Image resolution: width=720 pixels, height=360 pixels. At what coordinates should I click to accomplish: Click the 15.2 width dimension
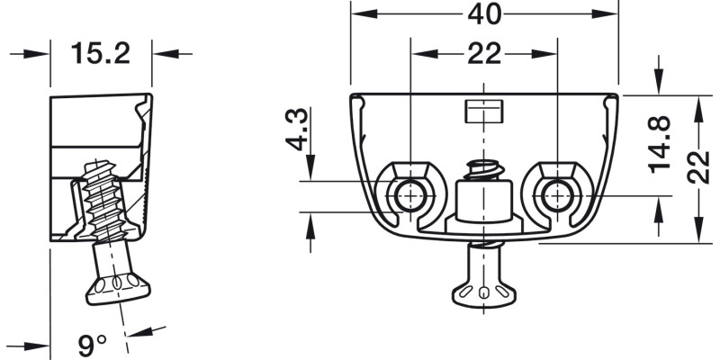pyautogui.click(x=101, y=53)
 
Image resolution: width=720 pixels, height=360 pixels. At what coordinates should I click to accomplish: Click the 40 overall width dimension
pyautogui.click(x=484, y=14)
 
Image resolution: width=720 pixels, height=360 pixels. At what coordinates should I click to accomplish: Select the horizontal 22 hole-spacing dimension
pyautogui.click(x=484, y=54)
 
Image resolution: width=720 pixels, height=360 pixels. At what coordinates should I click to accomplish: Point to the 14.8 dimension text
pyautogui.click(x=661, y=144)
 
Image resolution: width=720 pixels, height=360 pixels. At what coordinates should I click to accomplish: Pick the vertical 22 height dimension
pyautogui.click(x=698, y=166)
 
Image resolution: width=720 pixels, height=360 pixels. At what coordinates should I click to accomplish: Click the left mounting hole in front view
pyautogui.click(x=410, y=196)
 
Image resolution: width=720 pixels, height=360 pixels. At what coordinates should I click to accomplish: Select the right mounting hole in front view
pyautogui.click(x=557, y=196)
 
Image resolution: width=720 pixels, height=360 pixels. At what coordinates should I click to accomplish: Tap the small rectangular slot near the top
pyautogui.click(x=484, y=112)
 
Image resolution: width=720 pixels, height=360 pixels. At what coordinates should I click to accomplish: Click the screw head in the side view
pyautogui.click(x=119, y=289)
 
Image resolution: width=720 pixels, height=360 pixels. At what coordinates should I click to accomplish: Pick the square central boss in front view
pyautogui.click(x=483, y=201)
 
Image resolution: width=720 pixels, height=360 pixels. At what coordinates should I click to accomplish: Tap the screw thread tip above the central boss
pyautogui.click(x=483, y=170)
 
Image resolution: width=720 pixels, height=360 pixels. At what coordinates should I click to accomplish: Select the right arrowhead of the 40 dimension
pyautogui.click(x=605, y=14)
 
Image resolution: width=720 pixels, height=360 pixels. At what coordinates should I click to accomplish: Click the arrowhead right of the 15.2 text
pyautogui.click(x=166, y=54)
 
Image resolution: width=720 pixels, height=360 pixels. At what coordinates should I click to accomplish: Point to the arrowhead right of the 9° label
pyautogui.click(x=140, y=331)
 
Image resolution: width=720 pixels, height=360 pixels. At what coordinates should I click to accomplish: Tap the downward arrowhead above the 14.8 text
pyautogui.click(x=659, y=83)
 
